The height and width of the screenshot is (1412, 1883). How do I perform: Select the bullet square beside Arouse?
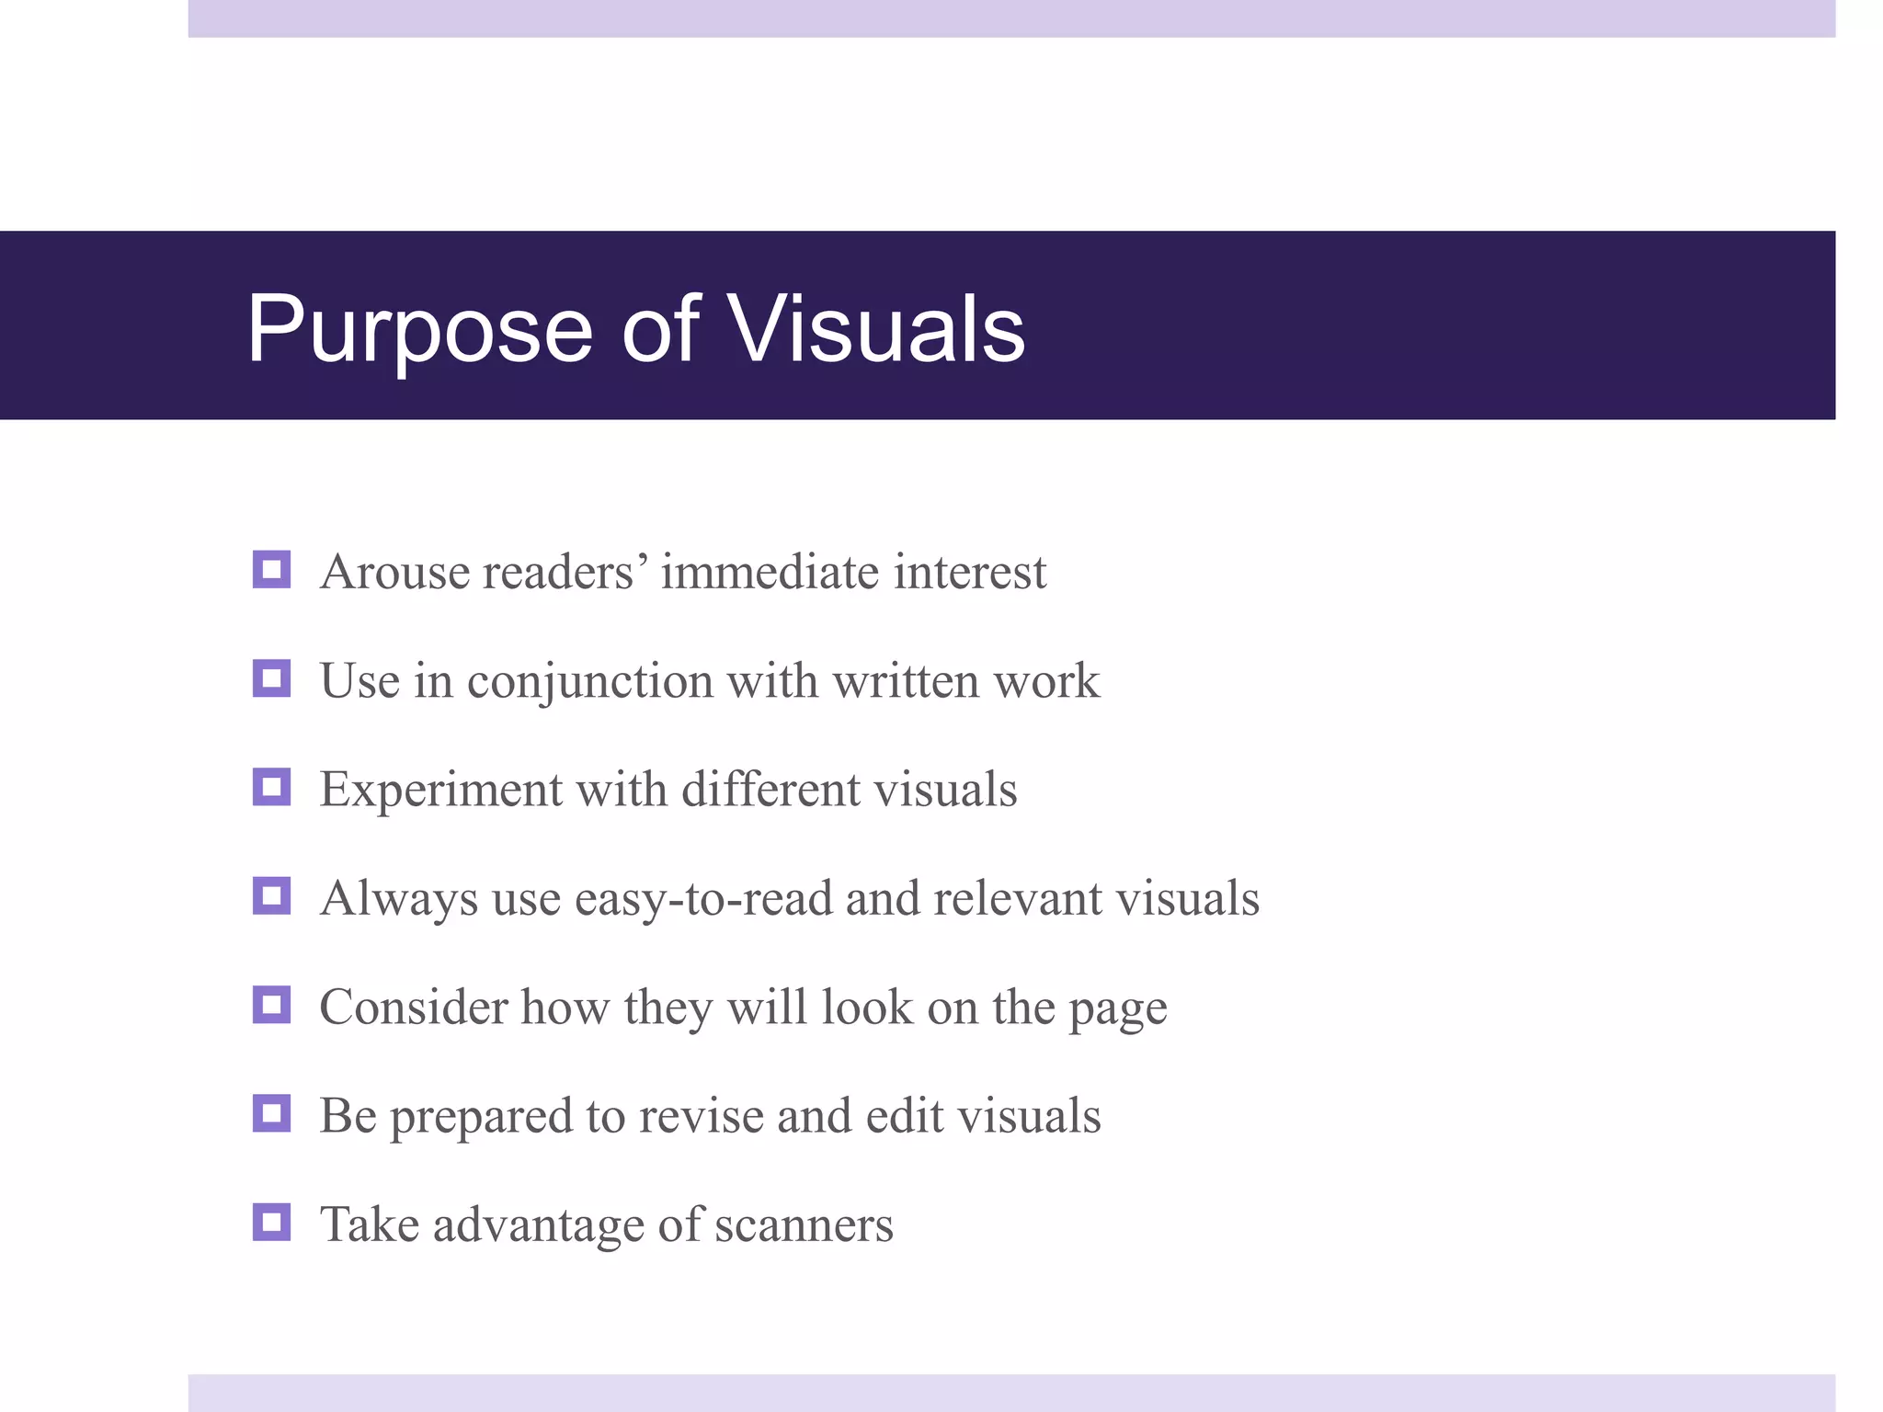pyautogui.click(x=271, y=570)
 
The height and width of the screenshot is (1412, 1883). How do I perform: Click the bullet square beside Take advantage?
pyautogui.click(x=271, y=1223)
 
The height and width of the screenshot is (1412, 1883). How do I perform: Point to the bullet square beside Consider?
pyautogui.click(x=271, y=1005)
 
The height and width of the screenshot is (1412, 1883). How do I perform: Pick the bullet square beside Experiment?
pyautogui.click(x=271, y=788)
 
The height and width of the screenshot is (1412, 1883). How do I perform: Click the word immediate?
pyautogui.click(x=770, y=572)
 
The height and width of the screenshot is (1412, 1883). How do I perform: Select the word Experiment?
pyautogui.click(x=440, y=791)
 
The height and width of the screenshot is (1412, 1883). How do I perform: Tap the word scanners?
pyautogui.click(x=803, y=1225)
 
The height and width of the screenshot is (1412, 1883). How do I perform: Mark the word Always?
pyautogui.click(x=398, y=899)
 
